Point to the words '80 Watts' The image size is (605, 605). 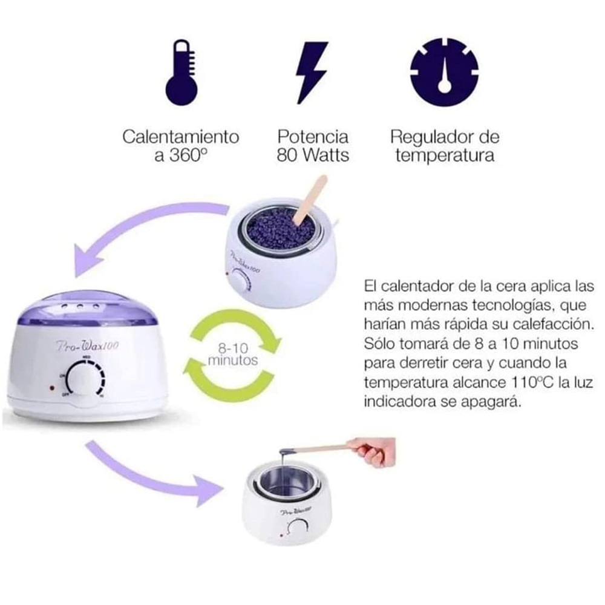click(x=313, y=155)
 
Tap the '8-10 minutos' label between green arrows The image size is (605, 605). click(x=233, y=355)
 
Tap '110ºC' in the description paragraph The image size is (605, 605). click(x=521, y=383)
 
